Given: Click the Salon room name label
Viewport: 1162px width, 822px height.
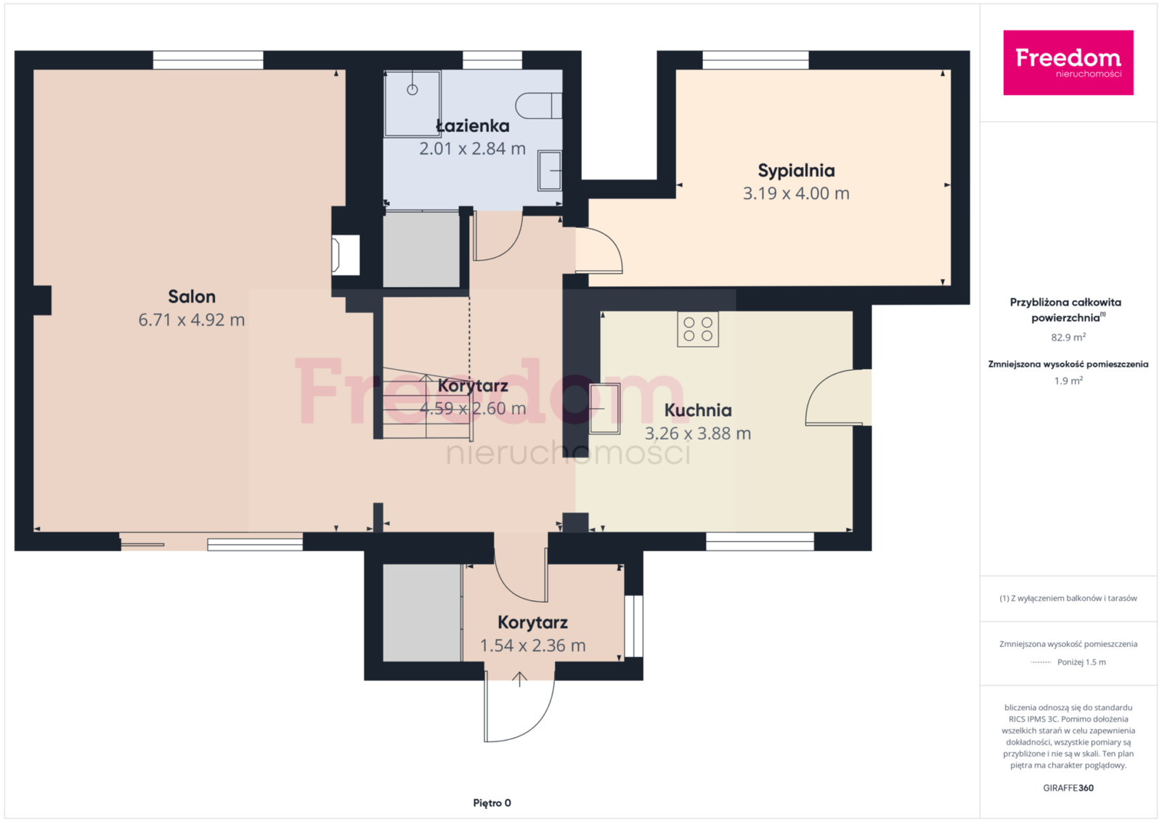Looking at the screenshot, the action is (192, 297).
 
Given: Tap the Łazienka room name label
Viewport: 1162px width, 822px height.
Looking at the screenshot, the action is (473, 126).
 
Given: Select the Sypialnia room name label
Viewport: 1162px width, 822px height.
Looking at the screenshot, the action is (796, 171).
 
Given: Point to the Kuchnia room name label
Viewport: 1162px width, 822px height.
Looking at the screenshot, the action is (698, 410).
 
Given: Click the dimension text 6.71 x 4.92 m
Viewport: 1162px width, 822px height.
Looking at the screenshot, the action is (192, 320).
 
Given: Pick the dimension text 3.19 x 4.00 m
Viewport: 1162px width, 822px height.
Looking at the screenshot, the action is (796, 193).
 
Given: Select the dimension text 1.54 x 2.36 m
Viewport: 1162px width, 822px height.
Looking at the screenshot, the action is (533, 646).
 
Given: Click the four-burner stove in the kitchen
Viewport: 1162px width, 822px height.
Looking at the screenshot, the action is (698, 330).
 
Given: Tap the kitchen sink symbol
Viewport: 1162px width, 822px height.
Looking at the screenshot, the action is (605, 409).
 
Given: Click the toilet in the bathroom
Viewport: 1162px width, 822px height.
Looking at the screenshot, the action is (538, 106).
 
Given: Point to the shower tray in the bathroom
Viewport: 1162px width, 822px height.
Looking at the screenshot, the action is (413, 104).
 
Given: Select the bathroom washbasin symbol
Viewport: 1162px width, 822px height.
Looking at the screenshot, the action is (550, 171).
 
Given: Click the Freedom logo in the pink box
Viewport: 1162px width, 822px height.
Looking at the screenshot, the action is (1068, 62).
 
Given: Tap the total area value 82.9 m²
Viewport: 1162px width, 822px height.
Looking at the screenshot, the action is (1068, 338).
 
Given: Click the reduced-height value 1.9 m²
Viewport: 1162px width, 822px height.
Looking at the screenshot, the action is (1068, 381).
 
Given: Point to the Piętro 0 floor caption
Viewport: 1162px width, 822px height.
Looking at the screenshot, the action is (492, 803).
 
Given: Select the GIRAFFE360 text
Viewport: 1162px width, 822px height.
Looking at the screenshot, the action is (1068, 789).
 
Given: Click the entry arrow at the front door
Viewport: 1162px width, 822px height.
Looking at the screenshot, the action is (520, 680).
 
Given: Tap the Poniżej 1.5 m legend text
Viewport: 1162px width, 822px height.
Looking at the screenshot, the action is (1081, 662).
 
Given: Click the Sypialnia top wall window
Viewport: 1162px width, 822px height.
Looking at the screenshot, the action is (755, 60).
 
